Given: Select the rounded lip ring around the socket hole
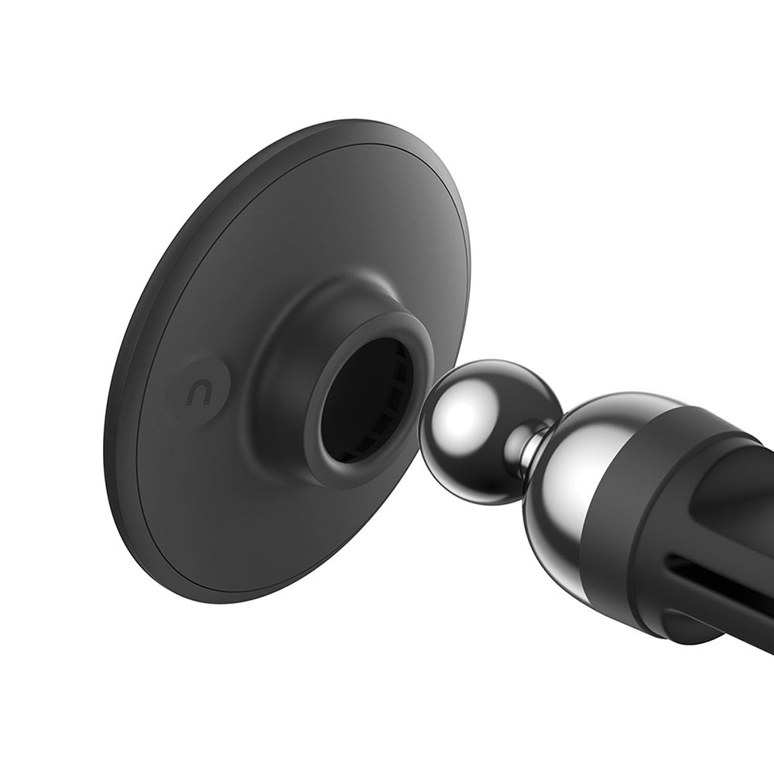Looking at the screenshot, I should pyautogui.click(x=319, y=433).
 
